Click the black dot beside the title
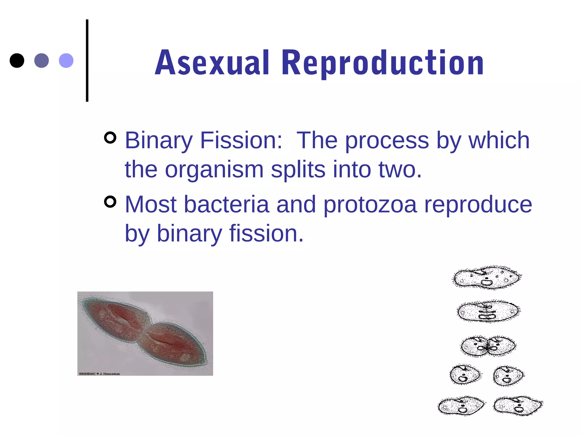click(17, 60)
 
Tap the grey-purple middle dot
click(41, 60)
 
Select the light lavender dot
click(66, 60)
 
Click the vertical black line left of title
click(87, 60)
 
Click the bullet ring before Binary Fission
click(110, 138)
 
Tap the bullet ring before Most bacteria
click(110, 202)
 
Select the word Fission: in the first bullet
click(241, 140)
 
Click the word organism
click(214, 169)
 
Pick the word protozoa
click(370, 204)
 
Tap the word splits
click(298, 169)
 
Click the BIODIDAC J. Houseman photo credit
click(99, 374)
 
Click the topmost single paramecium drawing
click(487, 277)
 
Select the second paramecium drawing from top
click(489, 311)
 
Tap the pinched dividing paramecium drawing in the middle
click(488, 346)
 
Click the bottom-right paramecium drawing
click(518, 406)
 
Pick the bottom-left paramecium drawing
click(461, 406)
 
